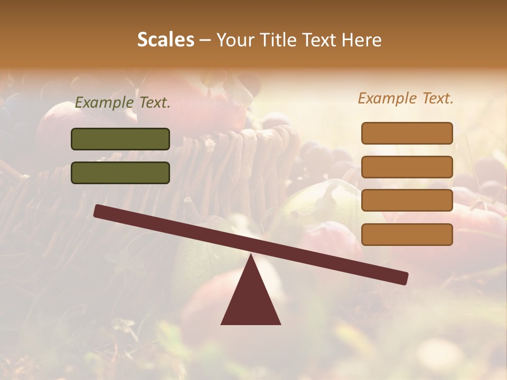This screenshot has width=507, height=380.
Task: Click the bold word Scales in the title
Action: click(165, 40)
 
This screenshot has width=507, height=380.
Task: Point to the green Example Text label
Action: click(123, 103)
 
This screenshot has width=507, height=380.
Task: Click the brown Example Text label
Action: click(406, 98)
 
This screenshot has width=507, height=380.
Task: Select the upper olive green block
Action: click(120, 139)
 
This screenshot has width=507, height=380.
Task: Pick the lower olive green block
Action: click(120, 173)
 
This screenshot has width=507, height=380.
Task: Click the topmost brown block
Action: click(407, 133)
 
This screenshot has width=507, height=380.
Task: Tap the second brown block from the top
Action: click(407, 167)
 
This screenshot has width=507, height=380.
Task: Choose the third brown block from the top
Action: click(407, 201)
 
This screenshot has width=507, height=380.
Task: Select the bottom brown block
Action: click(407, 234)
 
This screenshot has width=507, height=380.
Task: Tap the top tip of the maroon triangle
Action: click(251, 256)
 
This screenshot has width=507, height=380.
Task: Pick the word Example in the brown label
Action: click(388, 98)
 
